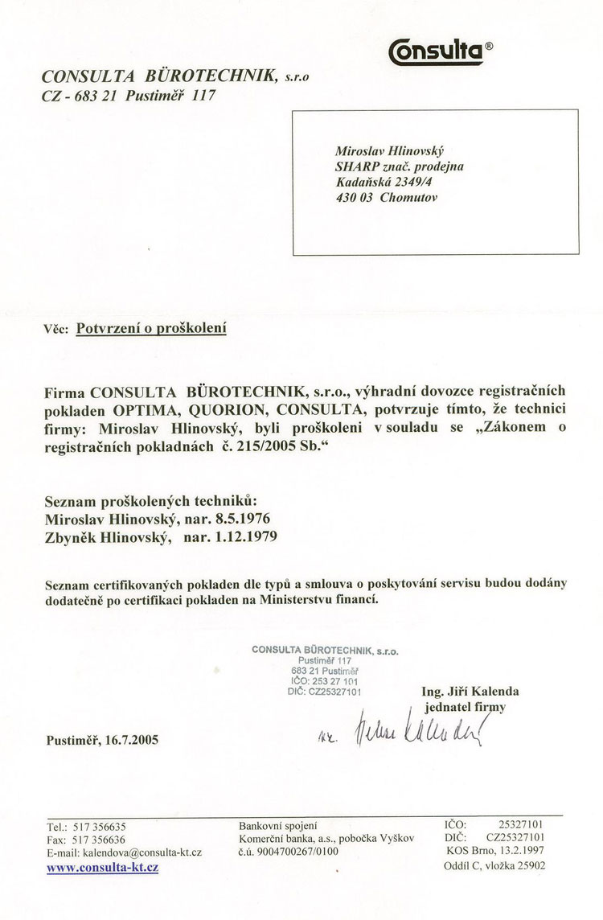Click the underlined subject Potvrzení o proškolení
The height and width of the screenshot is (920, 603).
[150, 328]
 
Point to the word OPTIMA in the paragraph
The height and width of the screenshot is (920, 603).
[133, 410]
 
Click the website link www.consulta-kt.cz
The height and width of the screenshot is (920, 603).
[102, 868]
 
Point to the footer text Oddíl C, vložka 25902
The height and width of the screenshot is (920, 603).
[494, 866]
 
